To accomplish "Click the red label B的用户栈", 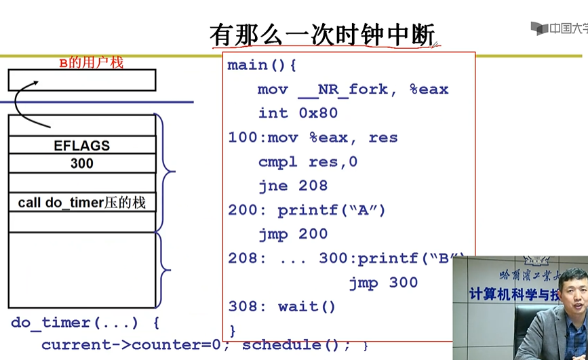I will (91, 63).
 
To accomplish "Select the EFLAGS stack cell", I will (81, 145).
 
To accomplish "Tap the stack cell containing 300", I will (81, 163).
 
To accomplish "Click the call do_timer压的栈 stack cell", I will (81, 202).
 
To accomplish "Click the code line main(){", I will (262, 66).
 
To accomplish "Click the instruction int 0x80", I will (298, 113).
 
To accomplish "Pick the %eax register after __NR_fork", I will (429, 89).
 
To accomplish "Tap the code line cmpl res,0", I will (307, 162).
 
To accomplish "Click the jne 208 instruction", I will (293, 186).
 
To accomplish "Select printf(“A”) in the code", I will (332, 210).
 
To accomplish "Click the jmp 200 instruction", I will (293, 234).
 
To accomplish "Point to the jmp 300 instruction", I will (383, 283).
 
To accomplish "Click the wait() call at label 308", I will (307, 306).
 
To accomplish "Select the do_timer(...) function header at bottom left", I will (77, 323).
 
